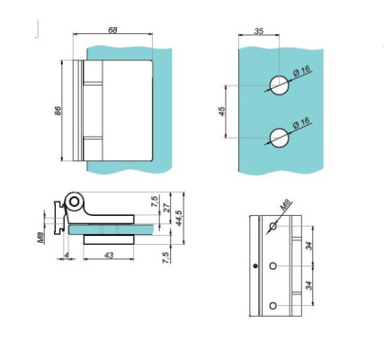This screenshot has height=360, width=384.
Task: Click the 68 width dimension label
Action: pyautogui.click(x=112, y=30)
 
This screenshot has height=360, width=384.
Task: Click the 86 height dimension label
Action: pyautogui.click(x=58, y=111)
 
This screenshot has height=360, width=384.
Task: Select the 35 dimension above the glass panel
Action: pyautogui.click(x=259, y=31)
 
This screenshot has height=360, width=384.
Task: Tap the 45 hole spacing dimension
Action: pyautogui.click(x=222, y=112)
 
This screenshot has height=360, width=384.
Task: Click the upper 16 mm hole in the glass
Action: pyautogui.click(x=280, y=85)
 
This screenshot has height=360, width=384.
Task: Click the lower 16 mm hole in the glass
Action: pyautogui.click(x=280, y=138)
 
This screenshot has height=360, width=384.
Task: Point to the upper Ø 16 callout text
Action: pyautogui.click(x=301, y=72)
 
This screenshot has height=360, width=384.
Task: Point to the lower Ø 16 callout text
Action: pyautogui.click(x=301, y=123)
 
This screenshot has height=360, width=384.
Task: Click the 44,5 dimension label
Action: pyautogui.click(x=179, y=218)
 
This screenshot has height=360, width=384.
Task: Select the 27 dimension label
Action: pyautogui.click(x=166, y=208)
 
